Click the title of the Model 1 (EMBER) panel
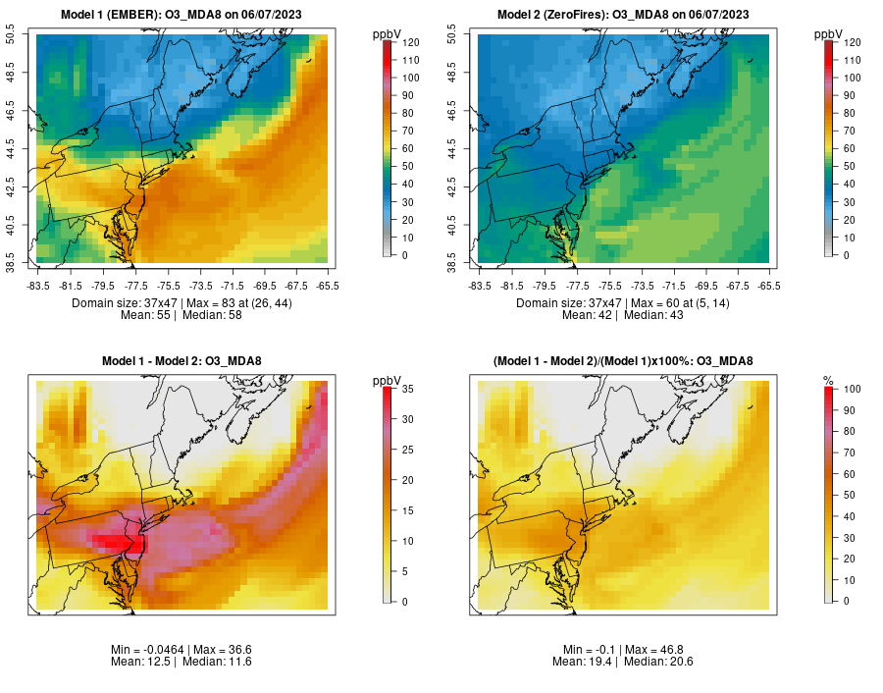tap(182, 15)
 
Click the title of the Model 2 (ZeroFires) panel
tap(623, 15)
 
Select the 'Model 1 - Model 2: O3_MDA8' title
tap(182, 361)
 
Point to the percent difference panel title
tap(623, 361)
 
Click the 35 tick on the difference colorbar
tap(406, 390)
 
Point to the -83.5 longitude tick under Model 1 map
tap(37, 286)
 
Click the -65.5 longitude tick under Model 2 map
tap(768, 286)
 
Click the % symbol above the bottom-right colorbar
tap(828, 381)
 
